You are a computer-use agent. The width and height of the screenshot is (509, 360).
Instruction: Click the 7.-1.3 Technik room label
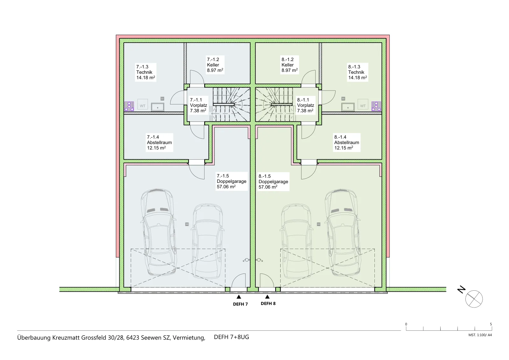click(x=146, y=72)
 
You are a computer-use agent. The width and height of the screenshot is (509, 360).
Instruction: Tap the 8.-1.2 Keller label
click(x=289, y=65)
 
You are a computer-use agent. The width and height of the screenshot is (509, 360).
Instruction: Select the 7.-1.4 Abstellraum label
click(x=159, y=143)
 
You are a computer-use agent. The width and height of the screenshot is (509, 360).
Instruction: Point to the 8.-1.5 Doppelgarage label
click(x=273, y=182)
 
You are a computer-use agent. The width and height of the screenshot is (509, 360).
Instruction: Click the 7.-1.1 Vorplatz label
click(x=199, y=105)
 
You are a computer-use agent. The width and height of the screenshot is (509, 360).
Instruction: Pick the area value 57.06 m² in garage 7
click(x=226, y=187)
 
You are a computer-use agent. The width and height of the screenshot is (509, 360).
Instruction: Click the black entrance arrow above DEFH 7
click(x=239, y=297)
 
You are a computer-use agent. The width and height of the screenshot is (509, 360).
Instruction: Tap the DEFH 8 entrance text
click(x=268, y=303)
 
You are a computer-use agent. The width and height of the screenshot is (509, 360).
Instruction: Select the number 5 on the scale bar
click(x=491, y=324)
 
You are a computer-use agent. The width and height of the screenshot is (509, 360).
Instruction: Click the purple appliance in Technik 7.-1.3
click(x=129, y=106)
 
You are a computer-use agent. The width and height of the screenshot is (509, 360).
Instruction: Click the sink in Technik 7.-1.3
click(x=157, y=107)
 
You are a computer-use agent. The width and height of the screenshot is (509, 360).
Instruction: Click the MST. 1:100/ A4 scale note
click(x=480, y=335)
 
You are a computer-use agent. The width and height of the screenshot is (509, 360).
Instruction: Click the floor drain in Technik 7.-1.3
click(x=162, y=99)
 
